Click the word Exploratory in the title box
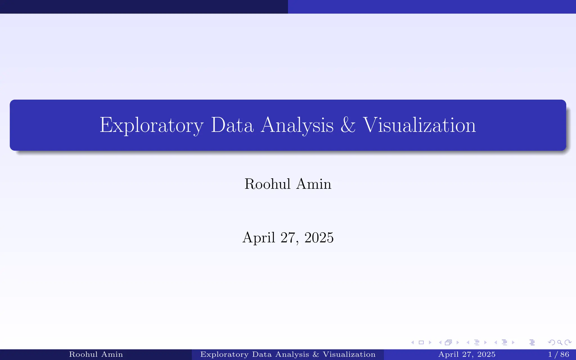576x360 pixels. coord(151,125)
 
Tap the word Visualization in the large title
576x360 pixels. coord(419,125)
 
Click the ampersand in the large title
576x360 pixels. coord(348,125)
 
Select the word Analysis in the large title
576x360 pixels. coord(297,125)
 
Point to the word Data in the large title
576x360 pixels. coord(232,125)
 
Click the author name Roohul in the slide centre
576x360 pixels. coord(267,184)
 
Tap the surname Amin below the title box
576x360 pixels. coord(314,184)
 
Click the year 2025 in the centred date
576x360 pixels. coord(319,238)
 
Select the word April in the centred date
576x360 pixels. coord(258,238)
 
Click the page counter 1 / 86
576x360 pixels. coord(559,354)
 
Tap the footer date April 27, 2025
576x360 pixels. coord(467,354)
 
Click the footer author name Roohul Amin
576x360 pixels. coord(96,354)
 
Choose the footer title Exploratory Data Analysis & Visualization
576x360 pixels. coord(288,354)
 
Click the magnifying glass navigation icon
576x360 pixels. coord(560,343)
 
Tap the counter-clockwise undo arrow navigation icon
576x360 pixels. coord(552,343)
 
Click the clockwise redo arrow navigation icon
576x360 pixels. coord(568,343)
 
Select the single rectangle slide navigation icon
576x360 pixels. coord(421,343)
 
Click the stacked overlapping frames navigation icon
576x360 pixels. coord(449,343)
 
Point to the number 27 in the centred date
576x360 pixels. coord(288,238)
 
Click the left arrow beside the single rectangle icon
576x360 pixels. coord(413,343)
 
